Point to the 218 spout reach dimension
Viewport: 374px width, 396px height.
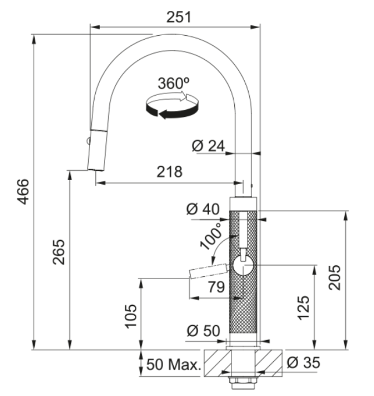pyautogui.click(x=169, y=172)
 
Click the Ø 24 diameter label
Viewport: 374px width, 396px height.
pyautogui.click(x=208, y=146)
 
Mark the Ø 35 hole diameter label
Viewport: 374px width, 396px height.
pyautogui.click(x=303, y=363)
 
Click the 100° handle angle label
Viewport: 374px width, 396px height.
pyautogui.click(x=211, y=238)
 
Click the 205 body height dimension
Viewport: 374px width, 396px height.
pyautogui.click(x=335, y=279)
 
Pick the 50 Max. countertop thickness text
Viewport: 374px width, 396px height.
pyautogui.click(x=173, y=365)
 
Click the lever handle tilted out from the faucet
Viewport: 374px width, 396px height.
pyautogui.click(x=208, y=271)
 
